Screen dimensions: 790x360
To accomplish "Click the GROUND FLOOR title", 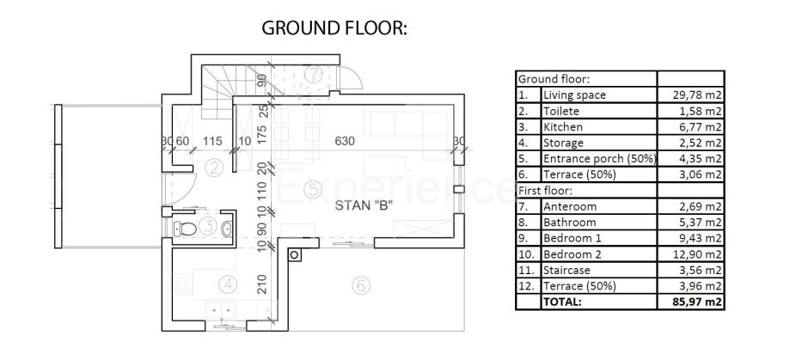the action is click(x=334, y=28).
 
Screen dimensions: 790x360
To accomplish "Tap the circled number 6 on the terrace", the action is click(x=360, y=285).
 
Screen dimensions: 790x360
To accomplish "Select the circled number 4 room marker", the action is click(x=229, y=285).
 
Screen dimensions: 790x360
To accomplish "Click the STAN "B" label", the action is click(x=364, y=205).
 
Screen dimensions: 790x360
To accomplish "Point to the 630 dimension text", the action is click(x=345, y=142).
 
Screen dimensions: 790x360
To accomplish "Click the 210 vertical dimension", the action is click(x=262, y=284).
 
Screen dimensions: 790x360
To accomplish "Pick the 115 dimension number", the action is click(x=212, y=142).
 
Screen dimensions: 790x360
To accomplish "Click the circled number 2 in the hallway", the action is click(x=215, y=168).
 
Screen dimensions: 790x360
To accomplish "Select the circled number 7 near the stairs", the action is click(x=314, y=75).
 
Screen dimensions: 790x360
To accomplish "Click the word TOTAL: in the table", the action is click(x=561, y=302).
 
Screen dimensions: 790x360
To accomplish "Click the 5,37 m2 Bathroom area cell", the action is click(x=701, y=223).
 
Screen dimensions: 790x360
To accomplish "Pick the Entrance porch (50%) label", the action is click(x=599, y=159).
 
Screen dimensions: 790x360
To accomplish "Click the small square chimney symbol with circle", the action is click(x=295, y=255).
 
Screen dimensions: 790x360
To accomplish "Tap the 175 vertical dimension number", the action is click(x=262, y=135).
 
